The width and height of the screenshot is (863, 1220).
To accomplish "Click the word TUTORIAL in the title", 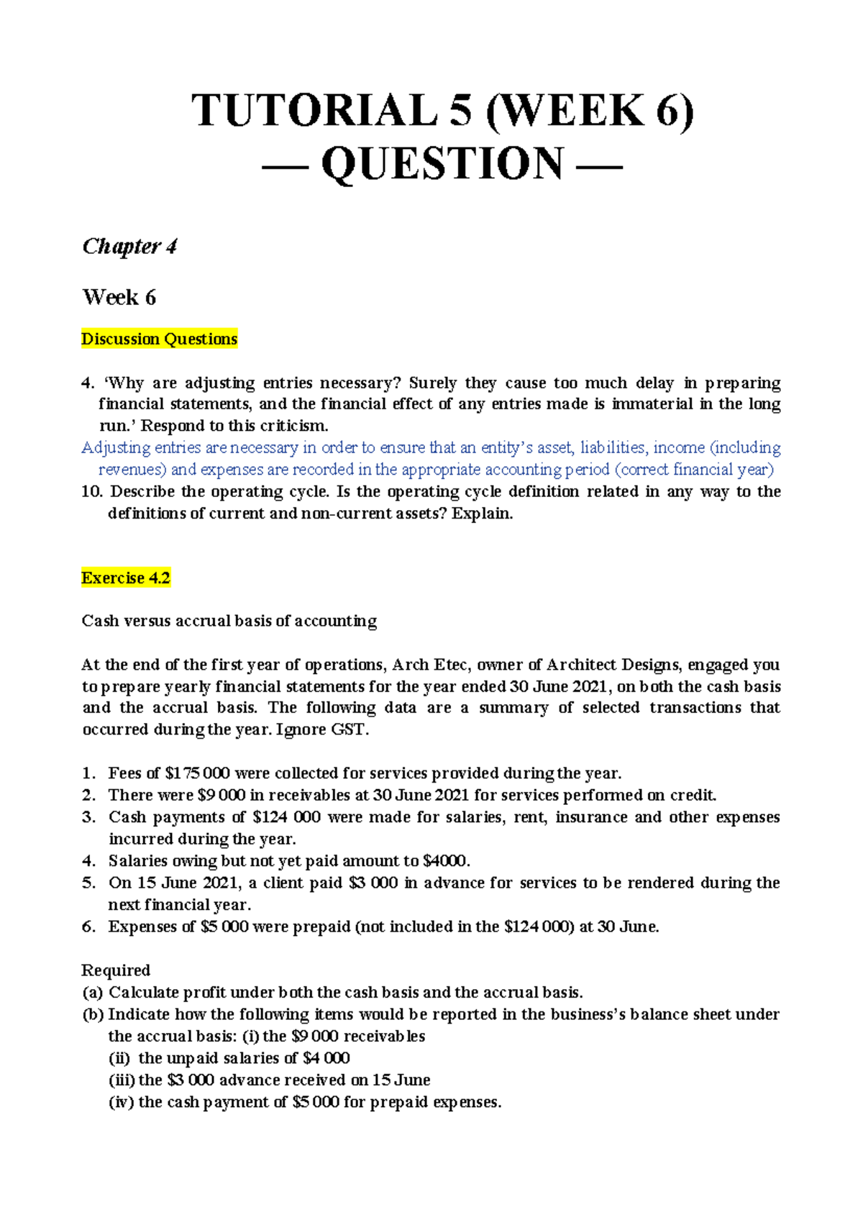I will pyautogui.click(x=314, y=111).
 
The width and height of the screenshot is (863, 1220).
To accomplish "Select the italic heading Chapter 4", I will pyautogui.click(x=129, y=247).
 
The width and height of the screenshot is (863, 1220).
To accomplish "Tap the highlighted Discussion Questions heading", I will pyautogui.click(x=159, y=339).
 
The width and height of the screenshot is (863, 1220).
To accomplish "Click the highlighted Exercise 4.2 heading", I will pyautogui.click(x=126, y=578).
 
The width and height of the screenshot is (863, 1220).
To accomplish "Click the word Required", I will pyautogui.click(x=116, y=970).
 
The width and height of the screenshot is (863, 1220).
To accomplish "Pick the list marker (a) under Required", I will pyautogui.click(x=93, y=993).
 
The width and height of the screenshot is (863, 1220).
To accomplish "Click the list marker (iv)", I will pyautogui.click(x=121, y=1102).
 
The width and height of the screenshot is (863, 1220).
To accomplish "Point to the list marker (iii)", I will pyautogui.click(x=121, y=1080).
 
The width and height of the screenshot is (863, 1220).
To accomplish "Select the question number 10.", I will pyautogui.click(x=92, y=492).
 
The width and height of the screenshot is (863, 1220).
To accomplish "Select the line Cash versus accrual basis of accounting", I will pyautogui.click(x=229, y=621).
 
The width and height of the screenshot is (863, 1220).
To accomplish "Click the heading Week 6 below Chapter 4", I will pyautogui.click(x=119, y=297).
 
